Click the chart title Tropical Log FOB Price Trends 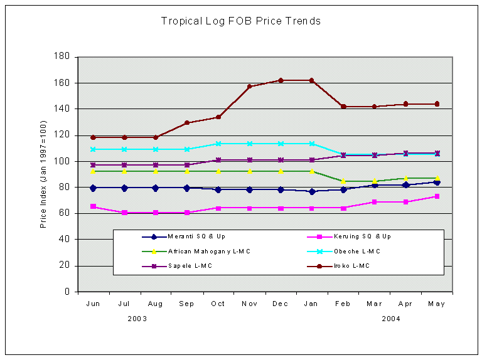click(241, 21)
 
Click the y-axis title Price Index click(43, 174)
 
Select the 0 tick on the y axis click(66, 292)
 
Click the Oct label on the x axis click(218, 304)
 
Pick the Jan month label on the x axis click(311, 304)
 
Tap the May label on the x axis click(436, 304)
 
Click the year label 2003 click(138, 319)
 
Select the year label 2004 click(390, 319)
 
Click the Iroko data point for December click(281, 80)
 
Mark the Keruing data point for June click(94, 206)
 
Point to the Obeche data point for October click(218, 144)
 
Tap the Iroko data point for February click(343, 107)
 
